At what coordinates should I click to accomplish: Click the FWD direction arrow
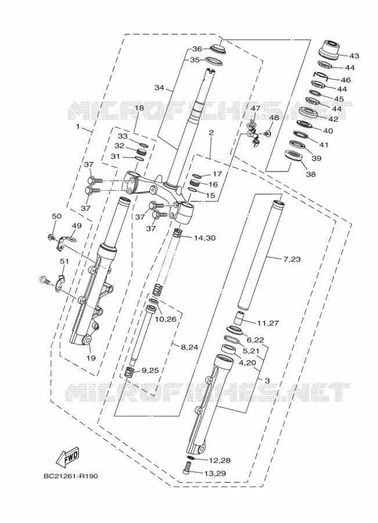[x=67, y=457]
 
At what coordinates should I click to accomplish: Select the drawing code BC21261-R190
[x=71, y=476]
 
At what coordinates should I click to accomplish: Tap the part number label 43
[x=354, y=56]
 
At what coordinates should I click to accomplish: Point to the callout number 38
[x=311, y=174]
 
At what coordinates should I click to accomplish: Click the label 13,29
[x=215, y=473]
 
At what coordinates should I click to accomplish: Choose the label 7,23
[x=291, y=259]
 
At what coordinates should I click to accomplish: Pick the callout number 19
[x=91, y=358]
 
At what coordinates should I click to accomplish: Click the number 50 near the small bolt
[x=57, y=216]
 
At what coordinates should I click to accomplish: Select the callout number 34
[x=159, y=88]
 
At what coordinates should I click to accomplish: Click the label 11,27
[x=268, y=323]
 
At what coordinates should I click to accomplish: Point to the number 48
[x=273, y=118]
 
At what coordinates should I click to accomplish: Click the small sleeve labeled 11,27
[x=239, y=317]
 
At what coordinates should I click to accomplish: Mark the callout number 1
[x=78, y=127]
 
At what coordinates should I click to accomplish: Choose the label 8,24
[x=189, y=348]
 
